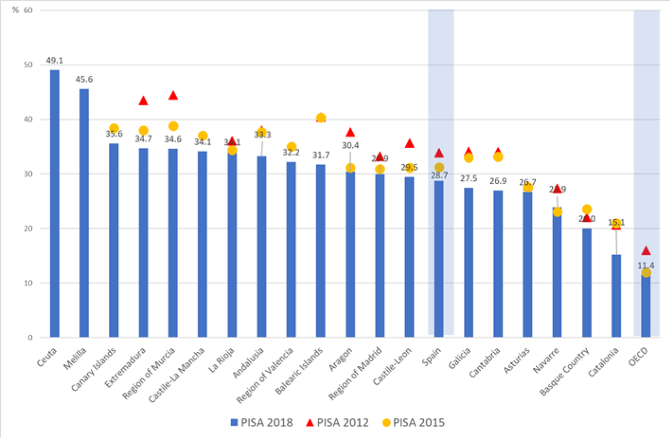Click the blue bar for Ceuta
(55, 204)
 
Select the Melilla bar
(84, 213)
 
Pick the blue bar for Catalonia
(616, 296)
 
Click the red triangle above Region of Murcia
(173, 96)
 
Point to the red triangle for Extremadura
(143, 101)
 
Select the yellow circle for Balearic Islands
(321, 117)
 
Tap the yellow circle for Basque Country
(587, 209)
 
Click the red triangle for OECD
(646, 251)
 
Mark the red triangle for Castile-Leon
(409, 143)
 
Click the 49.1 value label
(54, 61)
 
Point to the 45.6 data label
(84, 80)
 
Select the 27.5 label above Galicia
(469, 179)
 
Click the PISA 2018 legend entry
(261, 422)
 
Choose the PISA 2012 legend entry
(337, 422)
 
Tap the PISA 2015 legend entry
(414, 422)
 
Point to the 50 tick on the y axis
(28, 65)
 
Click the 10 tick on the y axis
(28, 283)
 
